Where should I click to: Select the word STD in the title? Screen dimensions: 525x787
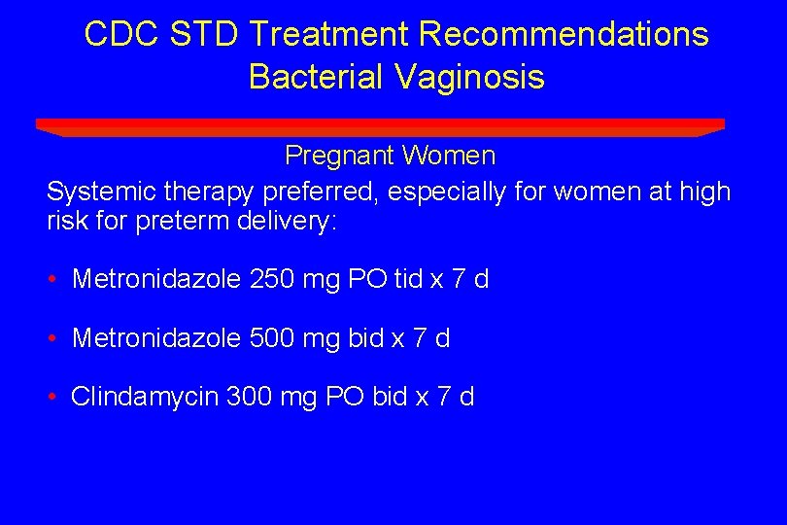pyautogui.click(x=205, y=34)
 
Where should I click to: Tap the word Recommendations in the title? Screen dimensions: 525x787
pyautogui.click(x=564, y=34)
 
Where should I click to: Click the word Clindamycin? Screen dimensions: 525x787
pyautogui.click(x=145, y=398)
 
